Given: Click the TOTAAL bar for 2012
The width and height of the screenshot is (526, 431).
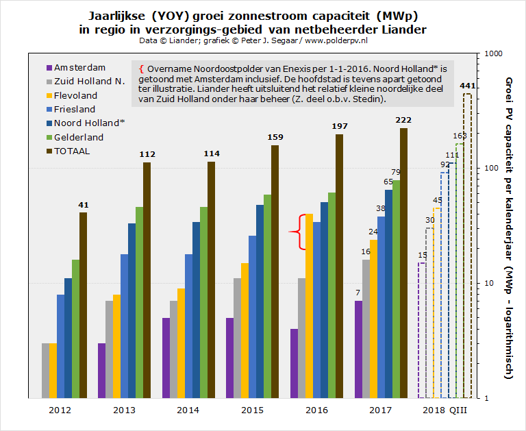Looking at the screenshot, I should click(83, 305).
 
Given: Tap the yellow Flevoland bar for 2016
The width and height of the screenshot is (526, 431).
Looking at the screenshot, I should click(309, 306).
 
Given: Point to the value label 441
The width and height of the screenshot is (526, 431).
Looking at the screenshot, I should click(467, 86).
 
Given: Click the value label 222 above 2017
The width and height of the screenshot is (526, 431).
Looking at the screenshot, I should click(403, 121).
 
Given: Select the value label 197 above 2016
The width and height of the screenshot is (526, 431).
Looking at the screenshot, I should click(340, 127).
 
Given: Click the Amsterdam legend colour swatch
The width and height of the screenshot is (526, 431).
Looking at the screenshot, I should click(49, 68).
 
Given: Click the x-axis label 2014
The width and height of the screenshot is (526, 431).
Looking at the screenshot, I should click(188, 410).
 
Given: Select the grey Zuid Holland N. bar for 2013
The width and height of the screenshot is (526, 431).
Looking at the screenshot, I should click(109, 349).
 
